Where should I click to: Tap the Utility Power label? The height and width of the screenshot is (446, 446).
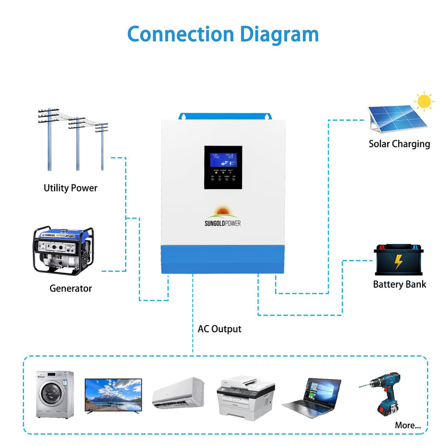70,188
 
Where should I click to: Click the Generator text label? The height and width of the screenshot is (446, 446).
70,288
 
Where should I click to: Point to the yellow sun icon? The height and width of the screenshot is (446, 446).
425,101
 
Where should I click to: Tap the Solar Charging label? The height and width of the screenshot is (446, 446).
399,144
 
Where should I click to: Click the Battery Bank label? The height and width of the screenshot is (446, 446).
399,284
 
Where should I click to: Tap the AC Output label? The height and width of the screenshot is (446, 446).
220,329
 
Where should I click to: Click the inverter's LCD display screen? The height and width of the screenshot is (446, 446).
222,159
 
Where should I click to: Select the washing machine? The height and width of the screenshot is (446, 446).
55,394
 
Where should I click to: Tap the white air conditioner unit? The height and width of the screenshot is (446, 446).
178,392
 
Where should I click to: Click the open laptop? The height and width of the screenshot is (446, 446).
313,395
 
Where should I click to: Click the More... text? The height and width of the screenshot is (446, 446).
408,425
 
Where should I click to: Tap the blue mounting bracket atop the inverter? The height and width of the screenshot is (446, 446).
222,116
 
